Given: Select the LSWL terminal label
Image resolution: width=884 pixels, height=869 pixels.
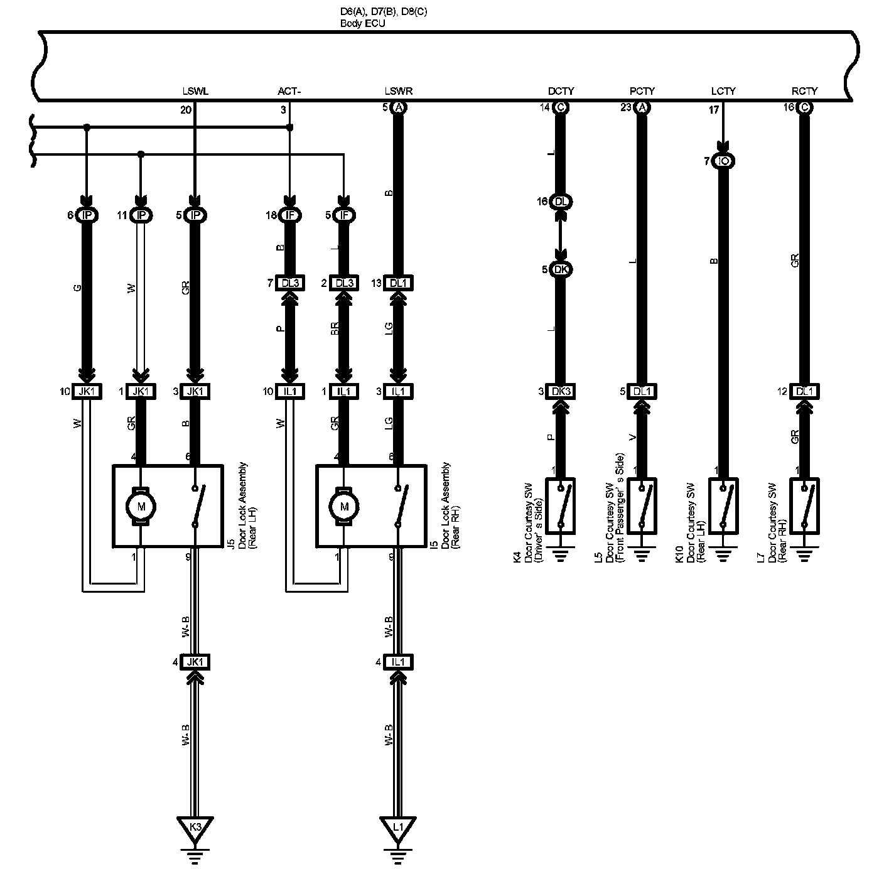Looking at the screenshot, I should click(x=195, y=92).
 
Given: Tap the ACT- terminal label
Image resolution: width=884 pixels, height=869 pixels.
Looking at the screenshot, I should click(x=289, y=92).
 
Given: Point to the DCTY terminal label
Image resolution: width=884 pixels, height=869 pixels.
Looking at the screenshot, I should click(x=561, y=92).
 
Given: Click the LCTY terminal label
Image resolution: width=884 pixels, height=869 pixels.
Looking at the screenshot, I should click(x=723, y=92).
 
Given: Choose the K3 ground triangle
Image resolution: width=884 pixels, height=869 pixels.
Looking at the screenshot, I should click(x=195, y=827).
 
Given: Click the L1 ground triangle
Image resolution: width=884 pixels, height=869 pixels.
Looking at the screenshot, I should click(x=397, y=827).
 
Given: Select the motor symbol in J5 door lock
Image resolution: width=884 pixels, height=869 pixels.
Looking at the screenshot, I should click(x=141, y=505).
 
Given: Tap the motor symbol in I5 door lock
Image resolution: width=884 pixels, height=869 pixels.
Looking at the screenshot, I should click(x=343, y=505).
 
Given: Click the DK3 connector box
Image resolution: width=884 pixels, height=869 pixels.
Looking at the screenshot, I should click(x=560, y=391).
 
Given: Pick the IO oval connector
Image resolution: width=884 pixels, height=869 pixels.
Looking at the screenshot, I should click(x=723, y=161).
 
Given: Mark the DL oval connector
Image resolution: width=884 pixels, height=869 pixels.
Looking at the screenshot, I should click(x=561, y=202).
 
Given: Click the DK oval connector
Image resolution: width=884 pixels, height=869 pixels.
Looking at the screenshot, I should click(x=561, y=269).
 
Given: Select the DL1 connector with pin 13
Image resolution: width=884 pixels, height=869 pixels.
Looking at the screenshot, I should click(x=397, y=283).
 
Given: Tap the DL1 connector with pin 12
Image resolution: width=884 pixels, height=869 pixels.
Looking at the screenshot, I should click(x=804, y=391).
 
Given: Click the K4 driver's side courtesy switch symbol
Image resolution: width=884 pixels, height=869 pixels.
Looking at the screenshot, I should click(x=561, y=506).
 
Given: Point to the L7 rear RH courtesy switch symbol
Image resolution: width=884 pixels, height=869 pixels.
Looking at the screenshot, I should click(x=804, y=506).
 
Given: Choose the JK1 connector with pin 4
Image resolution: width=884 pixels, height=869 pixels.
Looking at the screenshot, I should click(x=195, y=662).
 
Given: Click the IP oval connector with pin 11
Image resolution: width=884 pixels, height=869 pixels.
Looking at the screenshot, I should click(x=141, y=215).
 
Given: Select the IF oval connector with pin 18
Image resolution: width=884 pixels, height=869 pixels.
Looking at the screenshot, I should click(x=289, y=215).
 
